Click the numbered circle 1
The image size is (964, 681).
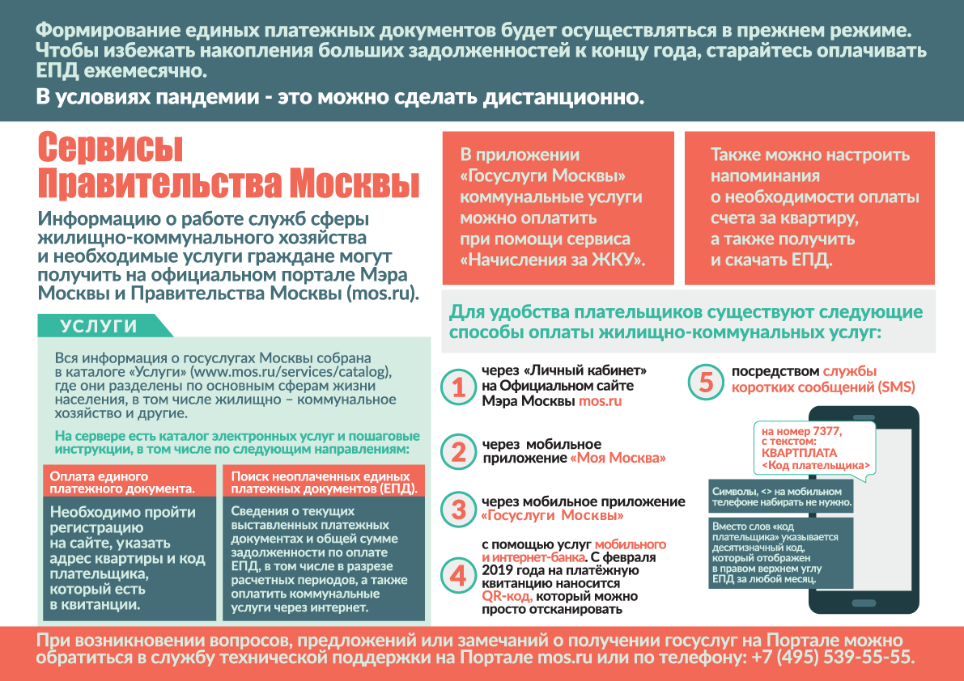[459, 387]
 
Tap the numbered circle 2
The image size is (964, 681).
[459, 452]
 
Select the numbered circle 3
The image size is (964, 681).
[459, 509]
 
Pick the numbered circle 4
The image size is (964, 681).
[459, 576]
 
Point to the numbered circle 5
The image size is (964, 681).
[706, 382]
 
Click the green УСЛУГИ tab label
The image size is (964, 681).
[99, 326]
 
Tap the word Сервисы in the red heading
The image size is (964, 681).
[111, 148]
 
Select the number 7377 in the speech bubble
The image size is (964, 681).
[826, 431]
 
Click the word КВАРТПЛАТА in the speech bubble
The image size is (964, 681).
[799, 453]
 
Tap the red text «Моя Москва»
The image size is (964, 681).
[618, 458]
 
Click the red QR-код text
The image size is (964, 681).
[507, 596]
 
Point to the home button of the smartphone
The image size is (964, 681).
[864, 603]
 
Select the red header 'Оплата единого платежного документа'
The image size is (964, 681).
[130, 482]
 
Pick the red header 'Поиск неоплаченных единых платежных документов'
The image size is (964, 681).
[326, 482]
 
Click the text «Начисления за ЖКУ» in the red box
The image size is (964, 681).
[553, 260]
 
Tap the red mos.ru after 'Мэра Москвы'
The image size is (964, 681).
[600, 401]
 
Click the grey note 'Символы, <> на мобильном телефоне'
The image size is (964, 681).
[781, 497]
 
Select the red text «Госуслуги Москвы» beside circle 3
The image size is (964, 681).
[553, 515]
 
